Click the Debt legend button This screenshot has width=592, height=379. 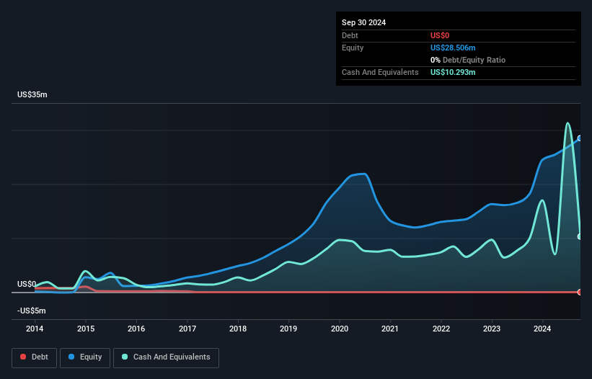[33, 357]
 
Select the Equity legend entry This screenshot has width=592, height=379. [85, 357]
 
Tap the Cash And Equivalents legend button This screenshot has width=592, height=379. [166, 357]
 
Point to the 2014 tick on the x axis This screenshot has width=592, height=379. [35, 329]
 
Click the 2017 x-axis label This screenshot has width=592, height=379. [187, 329]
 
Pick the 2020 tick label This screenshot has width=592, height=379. [340, 329]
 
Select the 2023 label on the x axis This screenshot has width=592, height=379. [492, 329]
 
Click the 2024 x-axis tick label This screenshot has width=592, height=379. [543, 329]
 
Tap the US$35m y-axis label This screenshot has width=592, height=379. [32, 95]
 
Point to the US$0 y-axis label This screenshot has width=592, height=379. [27, 285]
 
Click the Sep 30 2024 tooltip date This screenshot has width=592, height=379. [363, 22]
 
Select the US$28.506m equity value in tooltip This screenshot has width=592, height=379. [454, 48]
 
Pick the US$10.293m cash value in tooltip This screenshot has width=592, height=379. [454, 72]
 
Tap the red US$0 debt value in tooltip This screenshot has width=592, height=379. [441, 35]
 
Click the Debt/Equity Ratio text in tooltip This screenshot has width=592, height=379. [469, 60]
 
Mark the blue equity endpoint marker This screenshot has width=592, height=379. [580, 138]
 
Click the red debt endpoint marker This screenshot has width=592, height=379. [580, 292]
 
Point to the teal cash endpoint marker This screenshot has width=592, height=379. [580, 236]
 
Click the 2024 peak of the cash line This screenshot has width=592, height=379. [568, 123]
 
